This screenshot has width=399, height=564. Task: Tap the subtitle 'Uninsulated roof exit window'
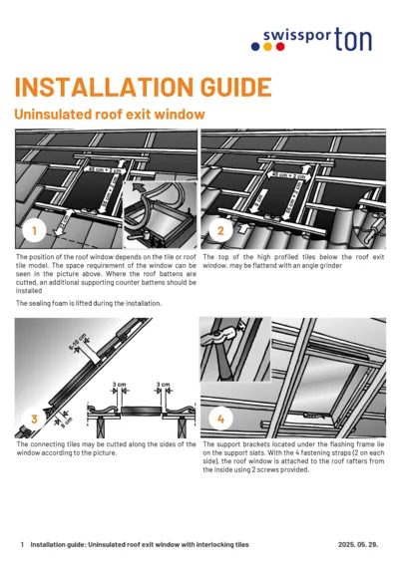110,115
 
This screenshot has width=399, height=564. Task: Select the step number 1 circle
34,231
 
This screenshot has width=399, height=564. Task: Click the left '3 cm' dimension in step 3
119,383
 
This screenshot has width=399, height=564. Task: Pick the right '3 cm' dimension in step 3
166,383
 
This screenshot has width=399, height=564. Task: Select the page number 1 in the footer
22,545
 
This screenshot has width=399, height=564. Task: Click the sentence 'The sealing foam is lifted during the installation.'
89,302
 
